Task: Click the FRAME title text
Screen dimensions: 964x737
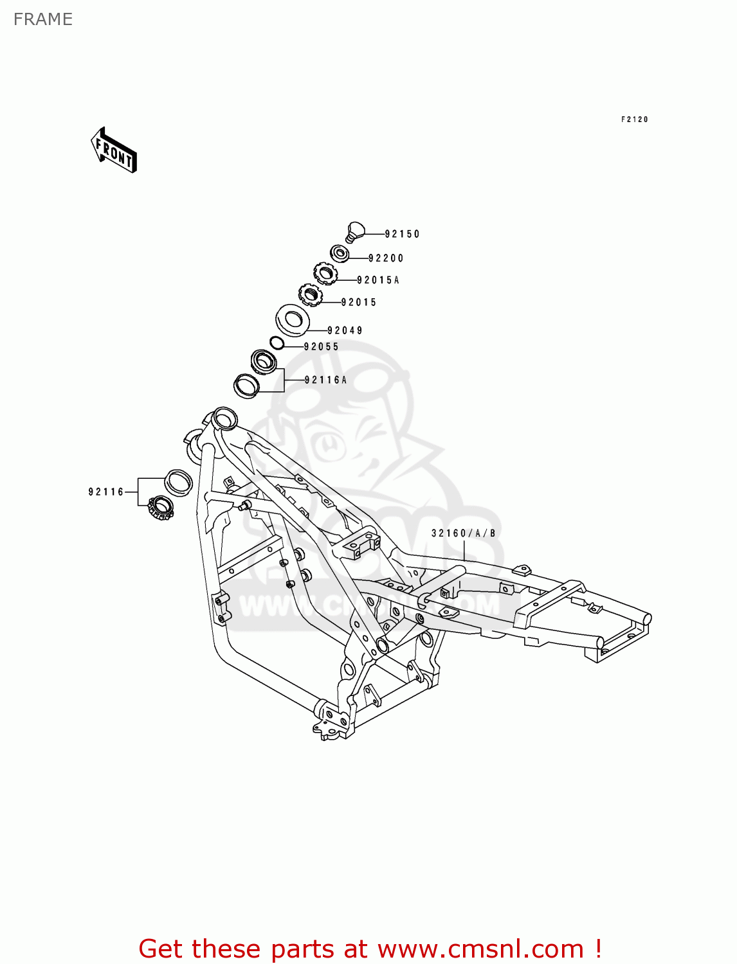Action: [42, 19]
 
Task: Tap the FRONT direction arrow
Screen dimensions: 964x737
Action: [114, 150]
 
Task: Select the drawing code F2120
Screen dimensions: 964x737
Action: [634, 120]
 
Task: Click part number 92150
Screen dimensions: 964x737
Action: [402, 235]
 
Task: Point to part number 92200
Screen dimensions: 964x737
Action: [386, 258]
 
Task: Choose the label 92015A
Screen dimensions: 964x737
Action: [378, 280]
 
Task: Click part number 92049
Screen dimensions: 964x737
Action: [345, 331]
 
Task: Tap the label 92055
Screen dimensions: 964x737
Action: [321, 347]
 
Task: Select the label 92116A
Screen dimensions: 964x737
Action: [325, 380]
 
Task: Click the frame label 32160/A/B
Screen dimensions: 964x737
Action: [463, 533]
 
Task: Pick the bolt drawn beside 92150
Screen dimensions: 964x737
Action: [355, 231]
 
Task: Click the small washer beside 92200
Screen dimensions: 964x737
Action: [340, 253]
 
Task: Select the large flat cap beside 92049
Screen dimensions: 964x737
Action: [293, 319]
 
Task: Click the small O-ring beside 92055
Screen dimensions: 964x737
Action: [277, 343]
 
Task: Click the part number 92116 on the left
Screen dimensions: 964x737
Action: [106, 492]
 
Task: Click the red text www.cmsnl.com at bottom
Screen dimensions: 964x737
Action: [480, 949]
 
